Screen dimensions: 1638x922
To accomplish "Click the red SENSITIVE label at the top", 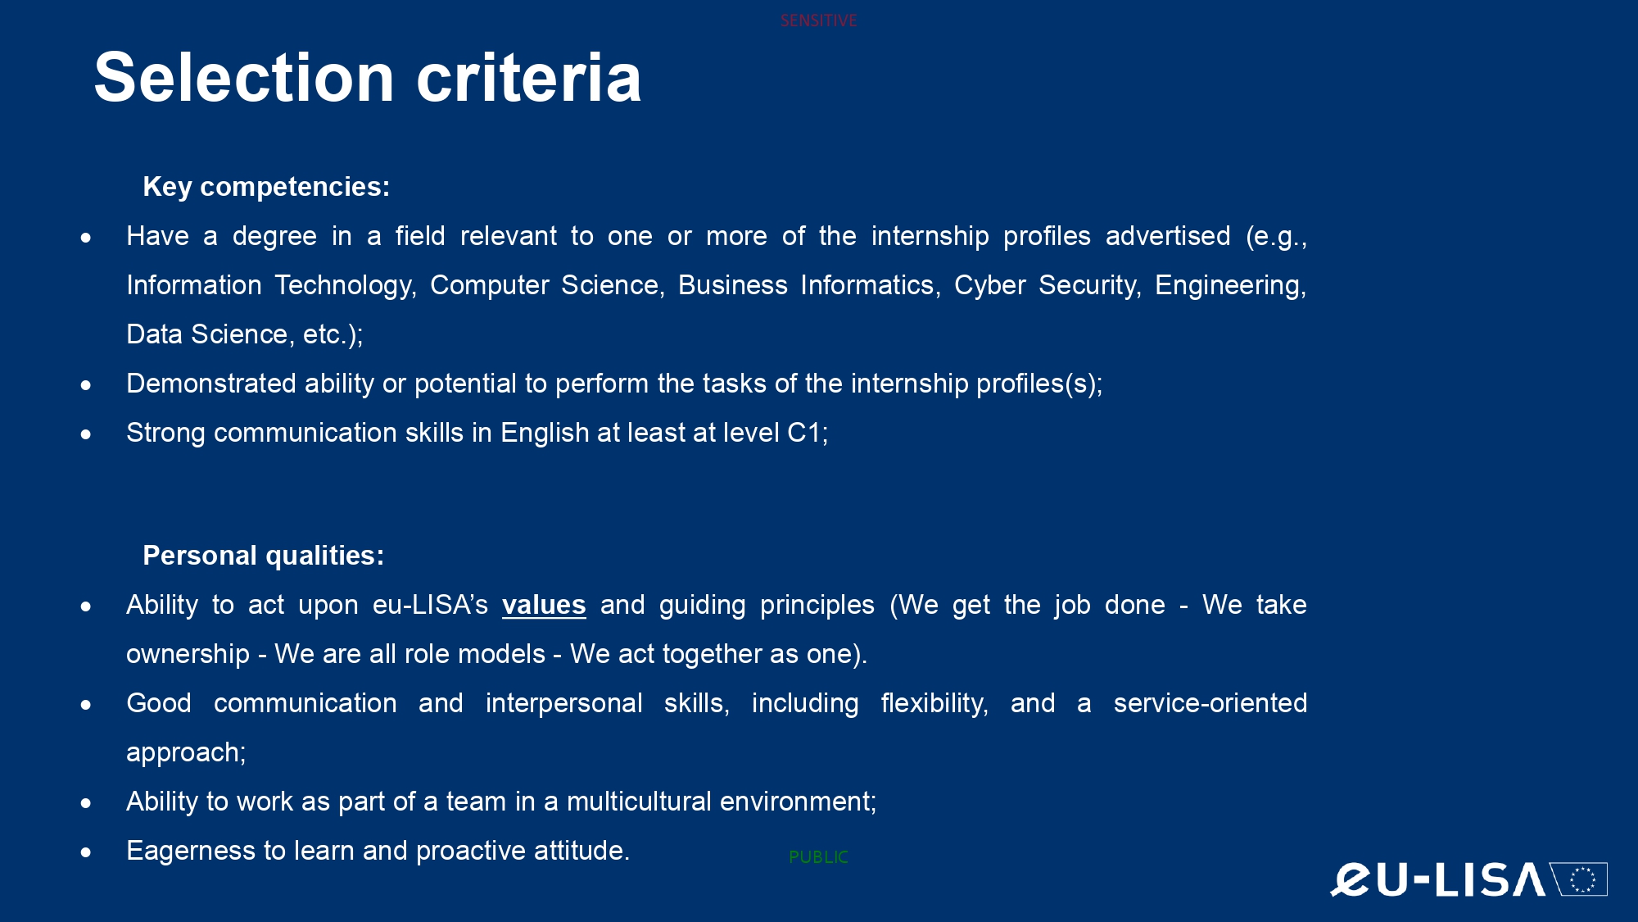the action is (818, 20).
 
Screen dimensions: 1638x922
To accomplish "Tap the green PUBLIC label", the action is (818, 857).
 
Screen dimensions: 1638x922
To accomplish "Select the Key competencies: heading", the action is (266, 187).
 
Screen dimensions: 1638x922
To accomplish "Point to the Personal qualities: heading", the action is (264, 556).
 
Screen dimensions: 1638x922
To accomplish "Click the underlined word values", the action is (544, 605).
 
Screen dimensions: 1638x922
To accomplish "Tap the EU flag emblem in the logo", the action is (1579, 879).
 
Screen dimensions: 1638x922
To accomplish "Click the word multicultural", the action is (639, 802).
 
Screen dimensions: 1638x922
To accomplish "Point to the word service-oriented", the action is (1210, 703).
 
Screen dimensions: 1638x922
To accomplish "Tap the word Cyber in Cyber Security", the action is (990, 285).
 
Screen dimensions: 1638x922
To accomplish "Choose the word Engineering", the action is (1228, 285).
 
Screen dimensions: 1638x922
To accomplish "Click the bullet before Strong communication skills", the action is (86, 434).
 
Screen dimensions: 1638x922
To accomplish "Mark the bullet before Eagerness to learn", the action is (86, 852).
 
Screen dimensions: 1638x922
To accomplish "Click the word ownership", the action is (188, 654).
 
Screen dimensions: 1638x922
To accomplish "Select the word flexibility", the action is (933, 703).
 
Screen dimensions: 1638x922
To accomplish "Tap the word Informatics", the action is (869, 285).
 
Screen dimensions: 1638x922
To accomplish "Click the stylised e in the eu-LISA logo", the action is (1351, 879).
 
